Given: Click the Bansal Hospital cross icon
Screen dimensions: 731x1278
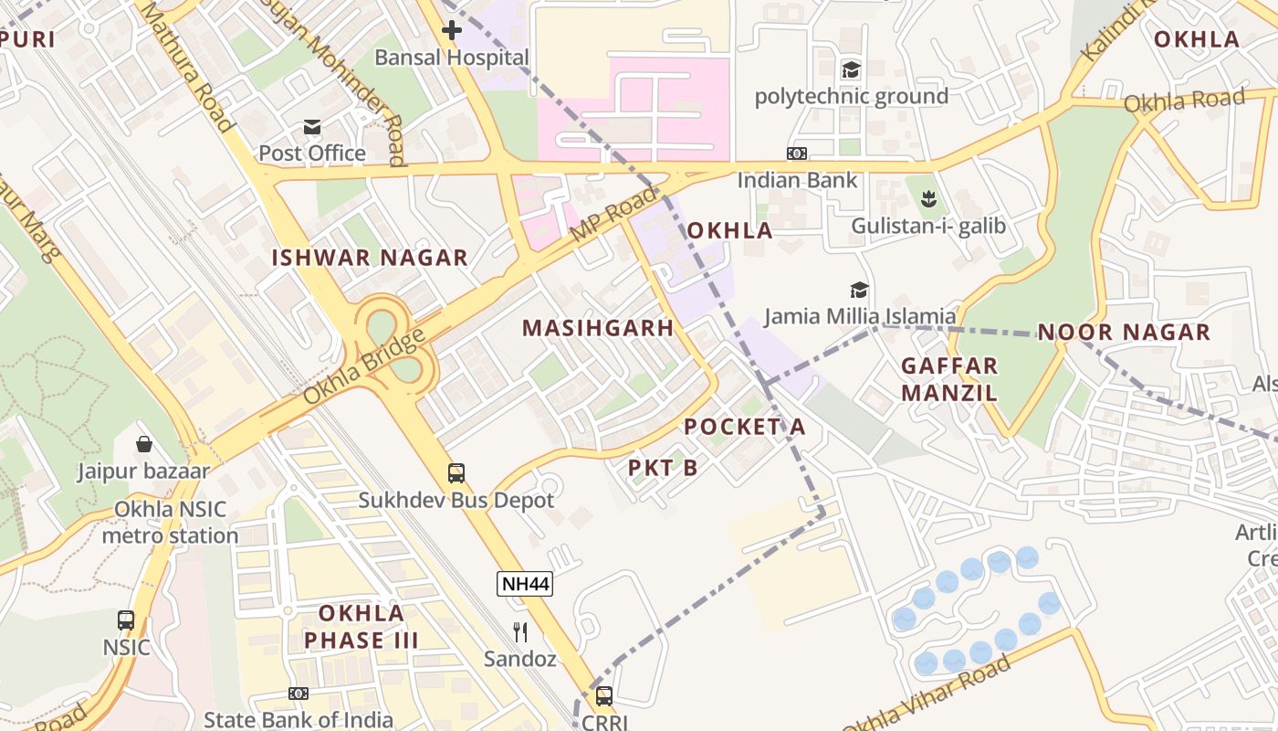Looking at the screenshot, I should click(452, 30).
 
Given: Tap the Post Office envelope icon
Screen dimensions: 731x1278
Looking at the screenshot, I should click(312, 126).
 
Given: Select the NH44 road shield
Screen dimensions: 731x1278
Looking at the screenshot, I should click(525, 584).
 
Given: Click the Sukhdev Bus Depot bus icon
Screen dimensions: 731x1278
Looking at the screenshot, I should click(456, 473).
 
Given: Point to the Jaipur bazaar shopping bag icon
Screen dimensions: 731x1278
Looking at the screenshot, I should click(143, 445).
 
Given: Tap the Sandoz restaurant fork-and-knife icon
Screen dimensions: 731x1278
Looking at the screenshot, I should click(520, 631).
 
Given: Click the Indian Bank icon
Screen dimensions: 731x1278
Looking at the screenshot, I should click(797, 154).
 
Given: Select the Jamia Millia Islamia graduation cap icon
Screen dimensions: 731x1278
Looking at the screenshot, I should click(859, 291).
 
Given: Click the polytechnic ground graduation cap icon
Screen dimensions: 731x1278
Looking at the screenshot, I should click(851, 70).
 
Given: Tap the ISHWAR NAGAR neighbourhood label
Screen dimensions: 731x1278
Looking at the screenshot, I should click(370, 258).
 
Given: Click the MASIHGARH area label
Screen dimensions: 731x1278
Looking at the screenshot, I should click(598, 328).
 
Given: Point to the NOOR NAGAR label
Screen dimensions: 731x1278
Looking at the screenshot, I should click(1124, 332).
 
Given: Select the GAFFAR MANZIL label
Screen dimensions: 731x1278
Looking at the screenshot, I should click(949, 379).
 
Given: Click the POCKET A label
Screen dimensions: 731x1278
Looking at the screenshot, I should click(745, 427).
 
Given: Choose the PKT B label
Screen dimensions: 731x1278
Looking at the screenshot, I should click(663, 468).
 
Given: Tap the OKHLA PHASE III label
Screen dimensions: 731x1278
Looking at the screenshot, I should click(361, 626).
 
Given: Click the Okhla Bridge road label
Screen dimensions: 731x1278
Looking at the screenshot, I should click(364, 367).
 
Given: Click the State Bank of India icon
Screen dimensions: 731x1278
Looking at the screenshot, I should click(299, 694).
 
